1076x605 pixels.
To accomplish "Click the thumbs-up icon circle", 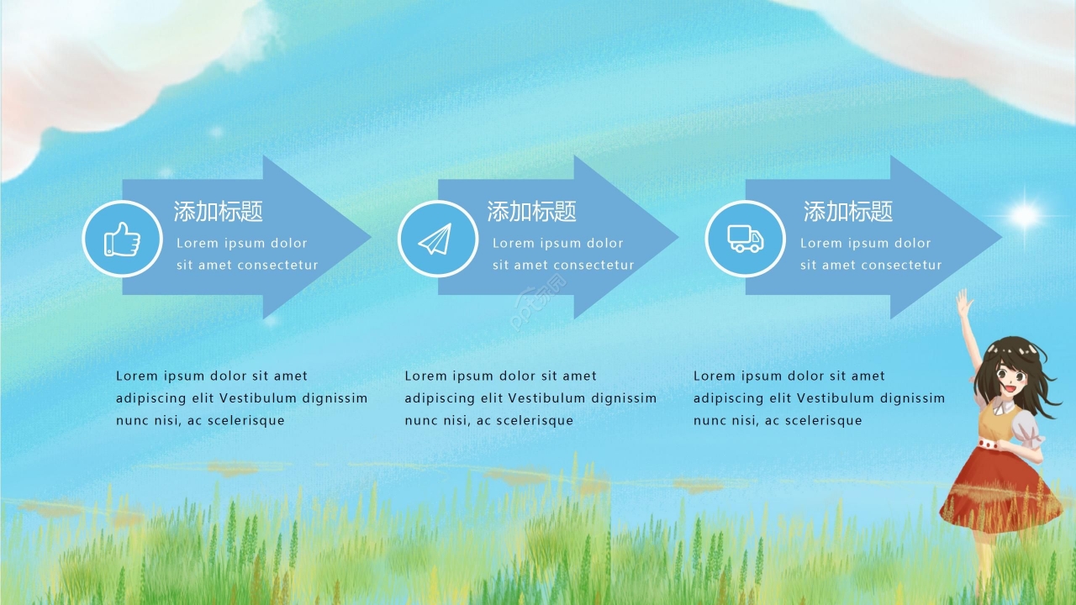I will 122,239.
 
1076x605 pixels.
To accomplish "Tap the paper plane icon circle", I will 437,239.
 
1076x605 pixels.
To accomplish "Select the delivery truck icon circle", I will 745,239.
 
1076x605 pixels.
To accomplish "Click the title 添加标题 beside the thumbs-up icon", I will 219,212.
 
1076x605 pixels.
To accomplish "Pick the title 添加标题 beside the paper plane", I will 532,212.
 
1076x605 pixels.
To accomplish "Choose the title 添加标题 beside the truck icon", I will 848,212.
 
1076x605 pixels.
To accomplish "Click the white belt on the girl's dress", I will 997,443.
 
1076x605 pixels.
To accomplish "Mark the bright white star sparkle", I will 1024,215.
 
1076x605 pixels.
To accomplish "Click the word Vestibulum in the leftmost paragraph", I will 256,398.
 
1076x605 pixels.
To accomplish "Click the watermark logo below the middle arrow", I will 539,302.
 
